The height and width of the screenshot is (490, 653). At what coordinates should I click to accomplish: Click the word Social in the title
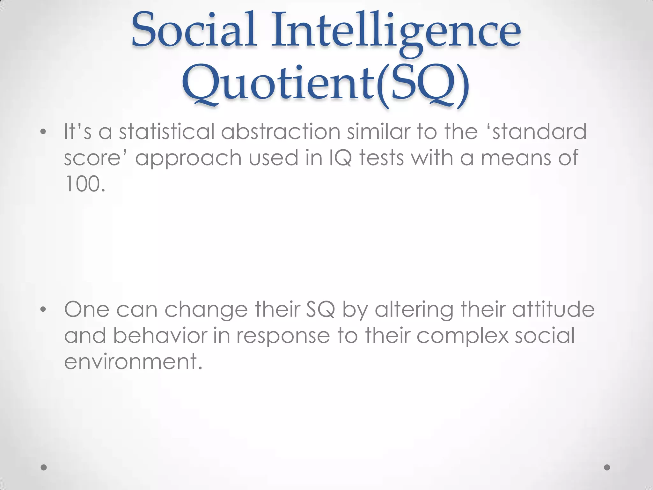click(x=194, y=30)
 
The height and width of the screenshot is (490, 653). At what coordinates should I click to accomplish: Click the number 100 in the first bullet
click(x=82, y=184)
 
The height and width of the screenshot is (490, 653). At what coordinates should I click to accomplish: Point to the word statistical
click(x=167, y=131)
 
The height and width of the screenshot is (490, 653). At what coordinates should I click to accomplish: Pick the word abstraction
click(x=281, y=131)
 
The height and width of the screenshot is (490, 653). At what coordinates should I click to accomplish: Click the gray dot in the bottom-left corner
click(x=44, y=467)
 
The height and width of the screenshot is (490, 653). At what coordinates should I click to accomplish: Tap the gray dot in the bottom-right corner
click(x=607, y=467)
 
